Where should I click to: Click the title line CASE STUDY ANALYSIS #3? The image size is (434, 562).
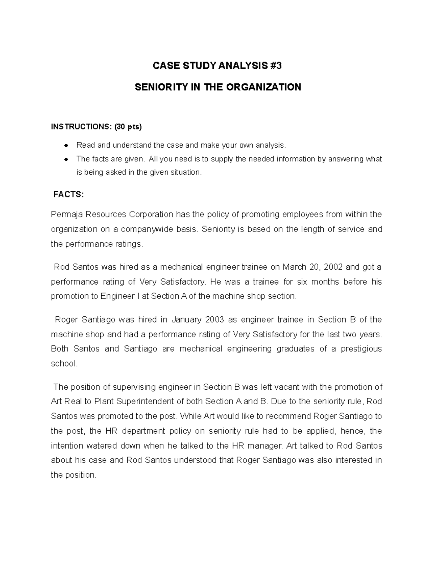(217, 66)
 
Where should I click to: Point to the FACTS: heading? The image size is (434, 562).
(68, 195)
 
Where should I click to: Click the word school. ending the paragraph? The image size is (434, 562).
(64, 364)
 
